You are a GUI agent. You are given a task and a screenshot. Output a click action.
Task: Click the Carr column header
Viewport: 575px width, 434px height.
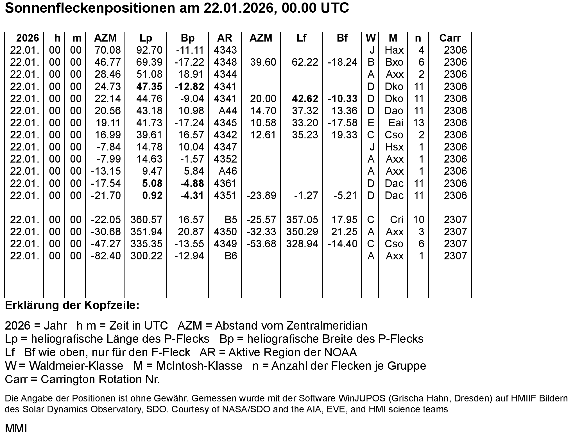(450, 38)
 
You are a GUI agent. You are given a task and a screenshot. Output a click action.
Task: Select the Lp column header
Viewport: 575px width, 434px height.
(146, 38)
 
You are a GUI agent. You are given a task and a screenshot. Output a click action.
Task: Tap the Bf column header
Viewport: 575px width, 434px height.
(342, 38)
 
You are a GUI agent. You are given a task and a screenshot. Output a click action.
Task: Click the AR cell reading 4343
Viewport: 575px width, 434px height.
(225, 50)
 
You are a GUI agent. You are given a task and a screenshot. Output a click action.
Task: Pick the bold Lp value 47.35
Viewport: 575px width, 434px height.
(149, 86)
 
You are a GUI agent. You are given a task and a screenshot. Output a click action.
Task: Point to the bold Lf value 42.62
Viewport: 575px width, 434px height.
(305, 99)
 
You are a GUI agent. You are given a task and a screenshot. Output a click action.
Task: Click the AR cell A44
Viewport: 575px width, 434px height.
(228, 111)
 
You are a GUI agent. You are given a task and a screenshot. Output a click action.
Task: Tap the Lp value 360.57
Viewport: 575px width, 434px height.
(146, 220)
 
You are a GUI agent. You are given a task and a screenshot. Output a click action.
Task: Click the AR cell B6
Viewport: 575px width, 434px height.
(231, 256)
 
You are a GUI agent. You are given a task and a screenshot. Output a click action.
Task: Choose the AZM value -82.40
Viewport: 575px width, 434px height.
(106, 256)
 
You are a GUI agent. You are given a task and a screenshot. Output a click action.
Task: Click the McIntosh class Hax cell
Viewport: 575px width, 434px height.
(394, 50)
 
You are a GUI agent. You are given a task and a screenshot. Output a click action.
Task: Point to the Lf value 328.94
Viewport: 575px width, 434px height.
(302, 244)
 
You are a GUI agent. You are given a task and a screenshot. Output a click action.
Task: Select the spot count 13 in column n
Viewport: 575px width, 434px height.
(418, 123)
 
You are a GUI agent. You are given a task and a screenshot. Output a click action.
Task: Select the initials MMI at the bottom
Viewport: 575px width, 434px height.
(16, 428)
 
